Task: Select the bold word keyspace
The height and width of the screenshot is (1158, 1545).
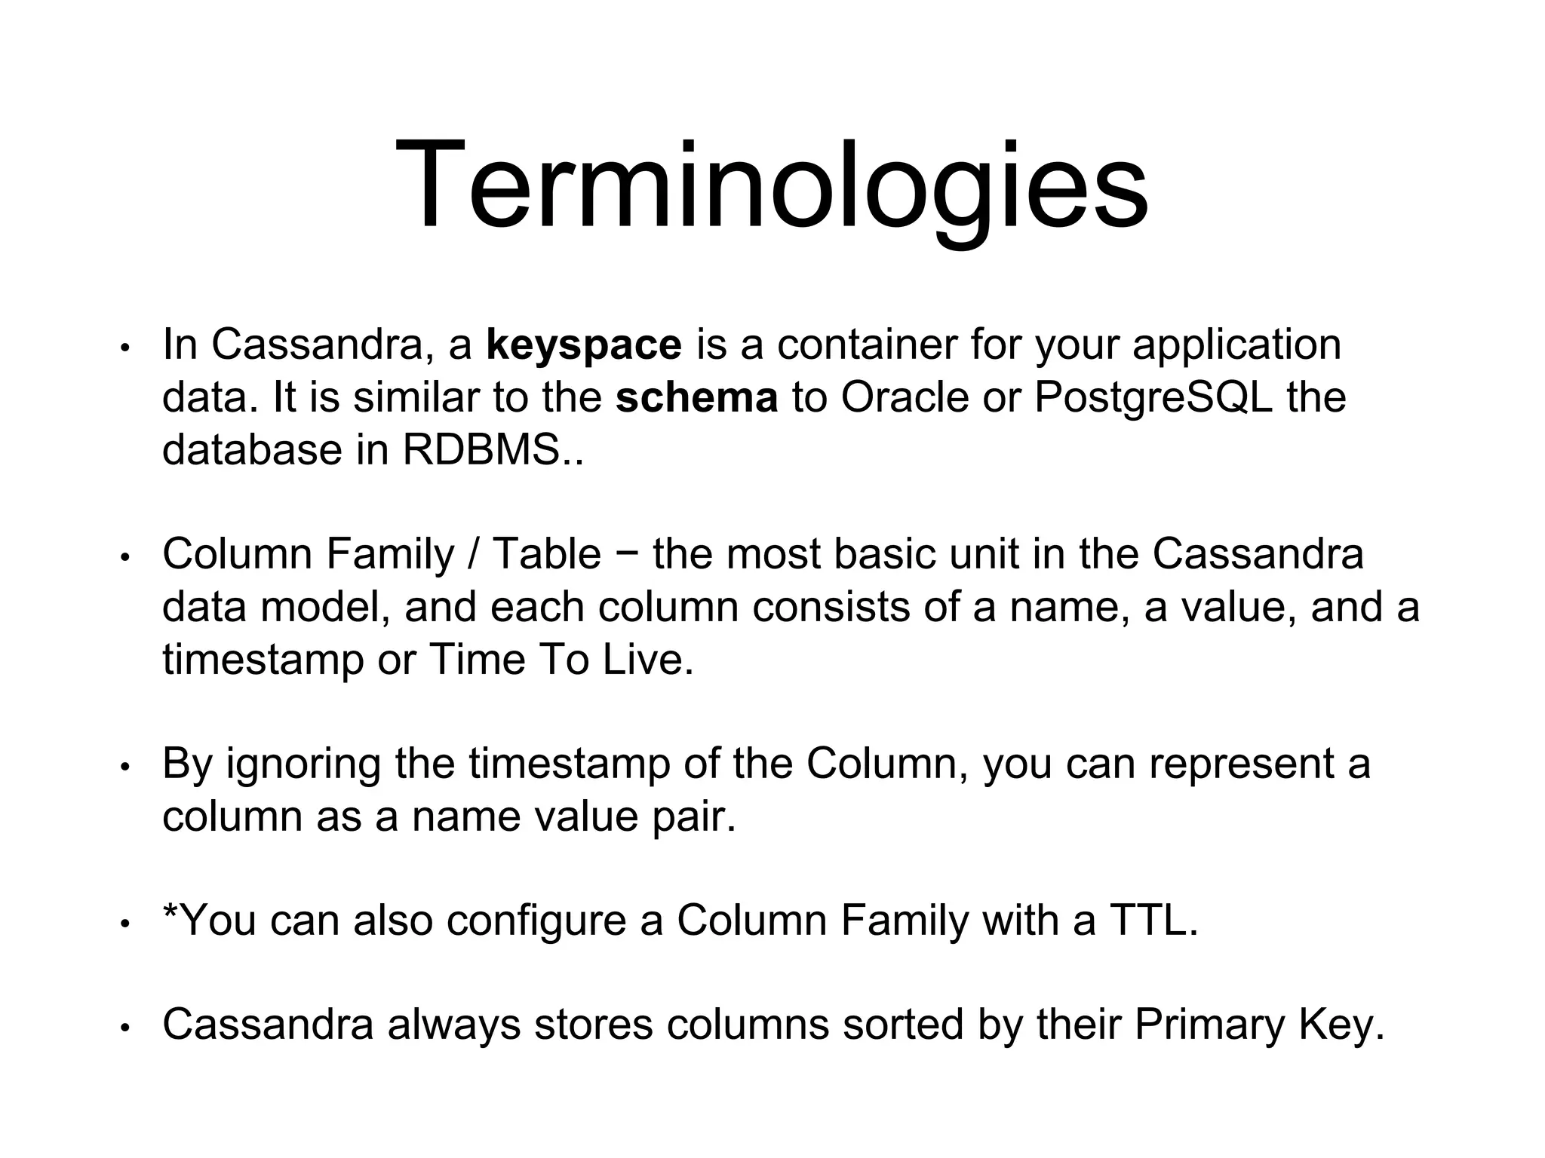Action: click(x=584, y=345)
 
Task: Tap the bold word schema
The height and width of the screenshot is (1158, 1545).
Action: click(x=696, y=398)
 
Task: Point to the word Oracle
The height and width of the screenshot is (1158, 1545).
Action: click(x=905, y=397)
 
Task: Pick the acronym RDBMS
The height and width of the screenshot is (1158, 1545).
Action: click(x=481, y=450)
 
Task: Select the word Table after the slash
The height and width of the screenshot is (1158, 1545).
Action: click(x=546, y=554)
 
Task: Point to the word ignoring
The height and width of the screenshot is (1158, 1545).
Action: click(x=303, y=764)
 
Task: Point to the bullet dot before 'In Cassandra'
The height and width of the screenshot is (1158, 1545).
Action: click(x=126, y=348)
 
